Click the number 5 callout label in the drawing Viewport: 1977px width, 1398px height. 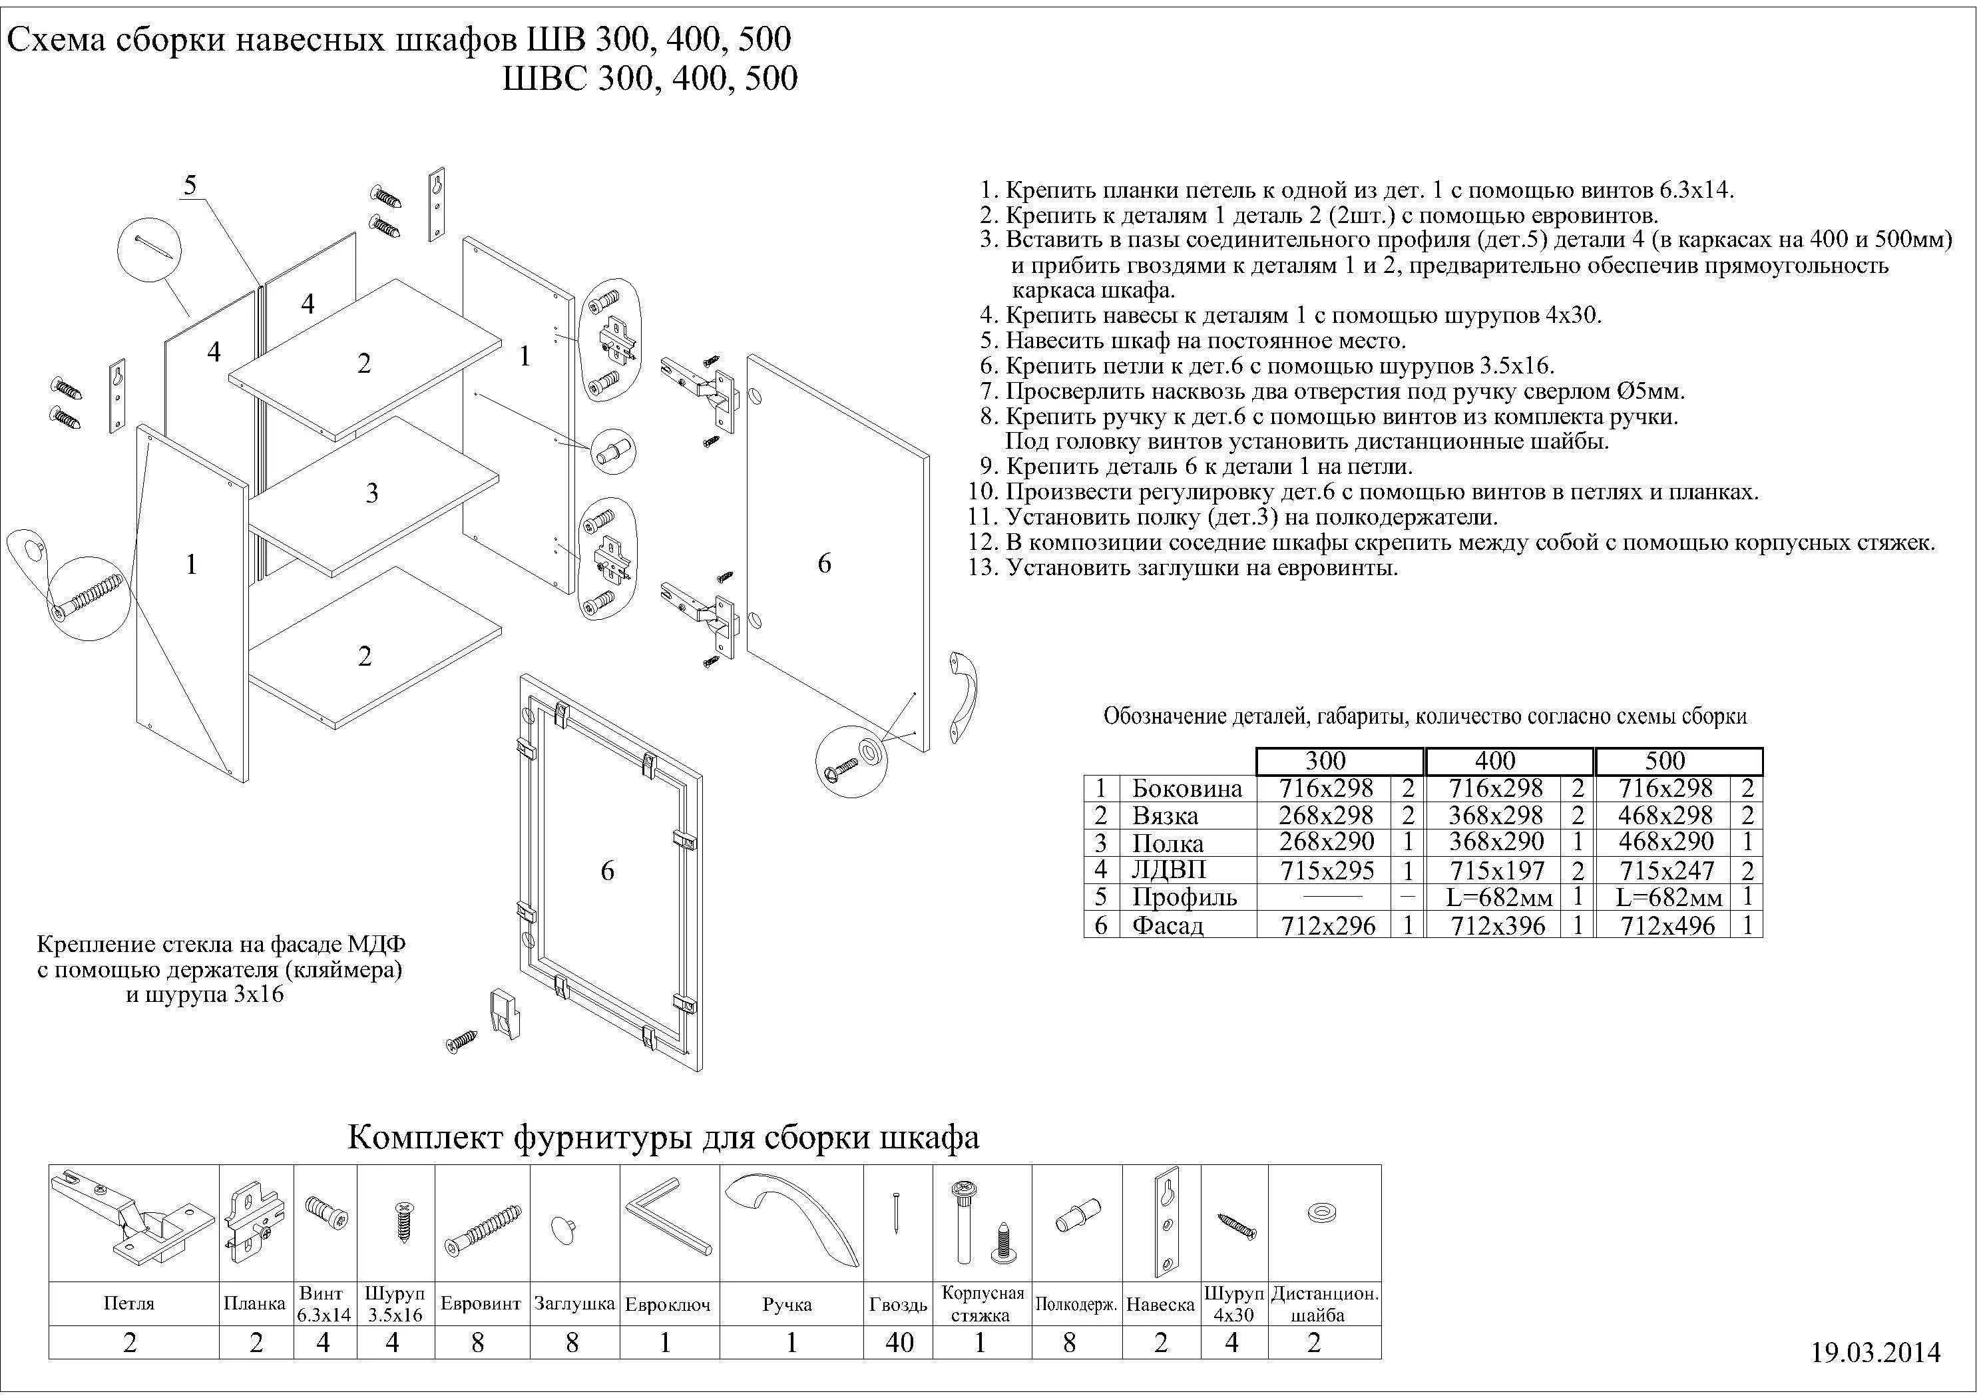[x=190, y=184]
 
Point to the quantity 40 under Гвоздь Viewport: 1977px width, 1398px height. [x=898, y=1342]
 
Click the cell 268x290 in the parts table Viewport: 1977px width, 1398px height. [x=1326, y=841]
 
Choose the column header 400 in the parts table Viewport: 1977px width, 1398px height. [x=1495, y=761]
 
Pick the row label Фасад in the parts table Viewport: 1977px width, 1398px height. [x=1167, y=926]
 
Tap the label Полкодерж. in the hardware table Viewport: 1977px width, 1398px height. [x=1076, y=1304]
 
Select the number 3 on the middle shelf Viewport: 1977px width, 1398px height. [x=372, y=493]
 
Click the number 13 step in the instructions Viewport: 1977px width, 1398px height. [x=983, y=568]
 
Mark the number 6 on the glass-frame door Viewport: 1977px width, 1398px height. [x=607, y=871]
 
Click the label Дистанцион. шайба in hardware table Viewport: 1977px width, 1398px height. [x=1324, y=1304]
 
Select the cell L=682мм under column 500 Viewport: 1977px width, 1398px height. [x=1669, y=897]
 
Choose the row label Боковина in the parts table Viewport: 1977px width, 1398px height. [x=1187, y=788]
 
